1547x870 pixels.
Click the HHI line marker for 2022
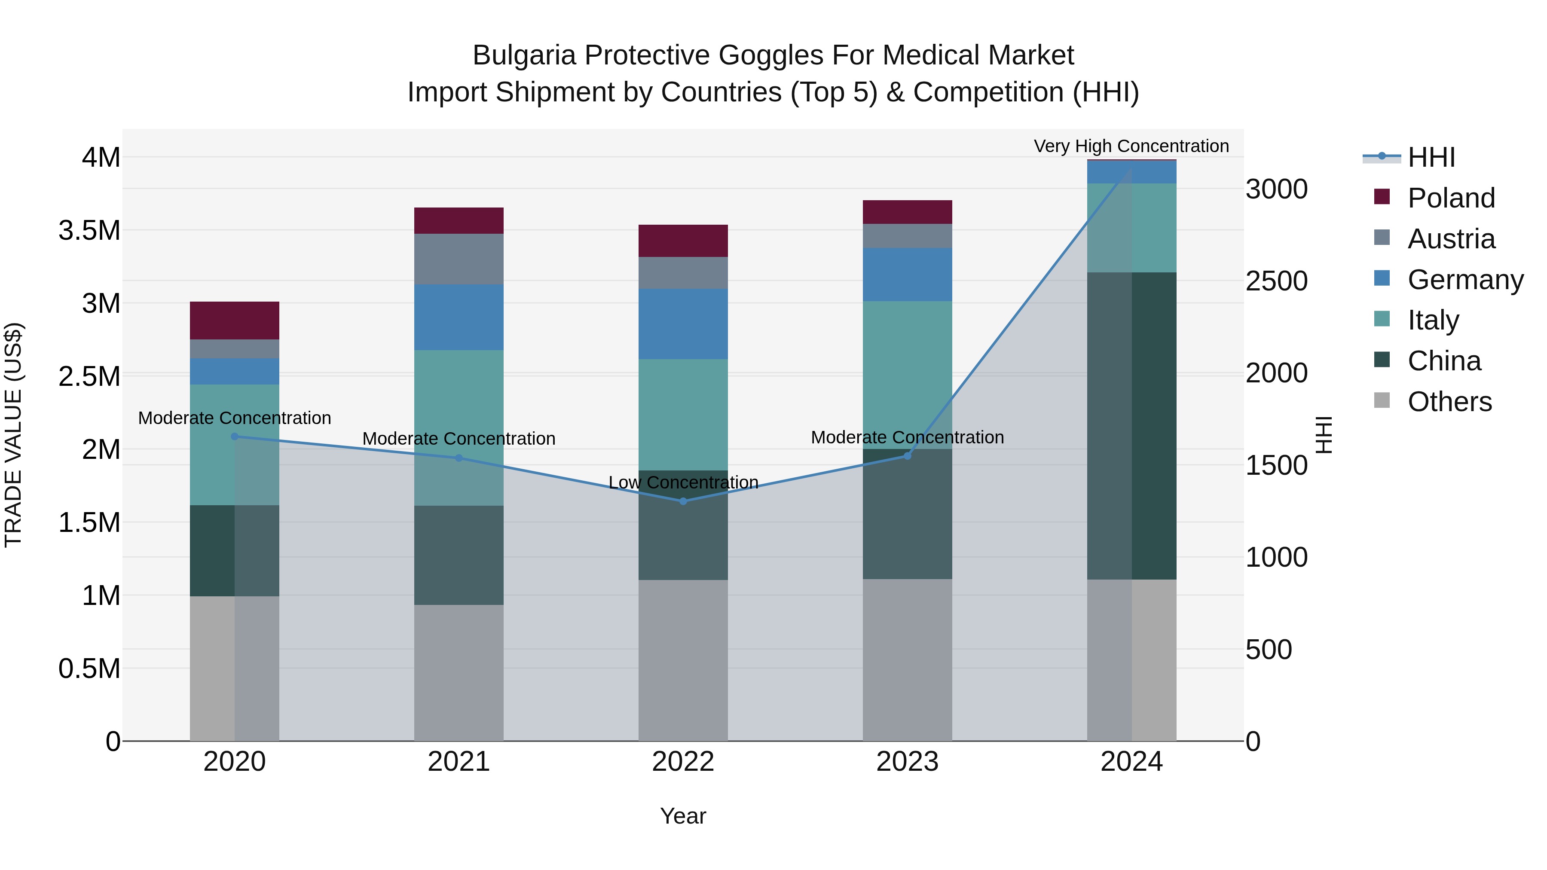[x=683, y=501]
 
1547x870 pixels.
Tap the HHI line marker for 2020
[x=234, y=437]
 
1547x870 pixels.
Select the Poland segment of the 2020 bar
[x=234, y=320]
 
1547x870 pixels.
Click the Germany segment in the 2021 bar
[x=459, y=317]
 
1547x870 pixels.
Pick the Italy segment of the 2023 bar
[x=908, y=375]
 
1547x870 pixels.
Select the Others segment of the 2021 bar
[x=459, y=672]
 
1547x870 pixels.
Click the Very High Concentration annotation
[x=1131, y=146]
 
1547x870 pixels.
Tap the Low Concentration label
[x=683, y=482]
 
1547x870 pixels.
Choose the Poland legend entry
[x=1450, y=198]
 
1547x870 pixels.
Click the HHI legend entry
[x=1431, y=157]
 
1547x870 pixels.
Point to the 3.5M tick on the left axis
[x=89, y=231]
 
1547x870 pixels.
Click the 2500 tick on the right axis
[x=1276, y=281]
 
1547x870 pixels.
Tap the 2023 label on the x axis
[x=908, y=761]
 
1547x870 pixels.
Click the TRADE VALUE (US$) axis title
[x=13, y=435]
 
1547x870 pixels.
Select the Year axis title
[x=683, y=815]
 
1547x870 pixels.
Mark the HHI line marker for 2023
[x=908, y=456]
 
